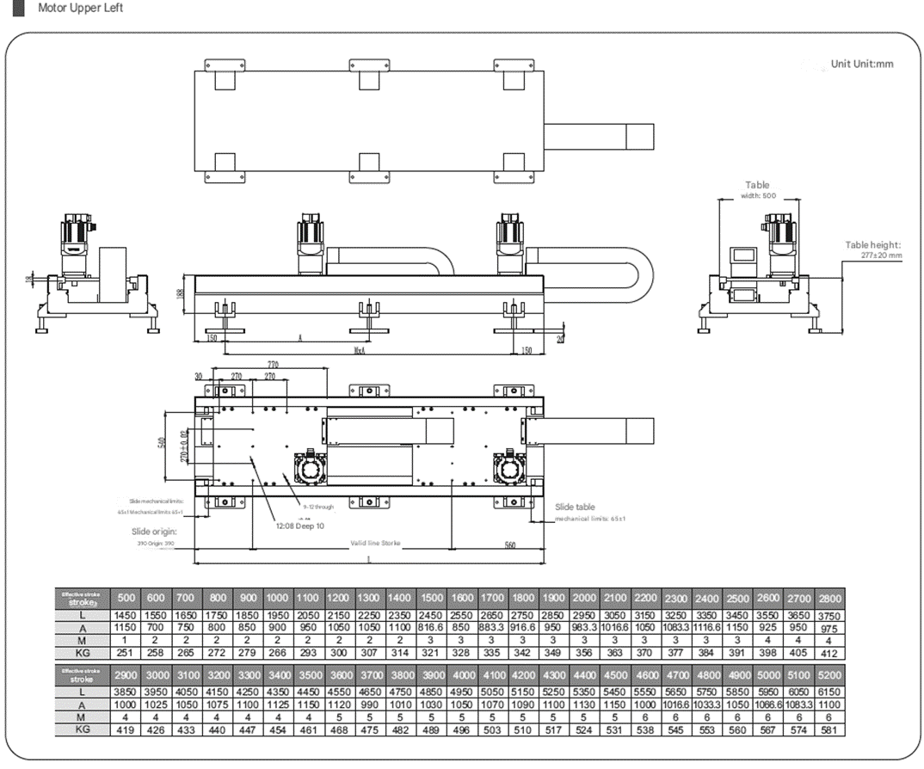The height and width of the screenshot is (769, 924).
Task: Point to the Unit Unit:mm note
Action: (x=862, y=64)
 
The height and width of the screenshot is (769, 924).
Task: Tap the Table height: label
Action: (x=872, y=245)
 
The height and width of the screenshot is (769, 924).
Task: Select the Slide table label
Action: (x=575, y=508)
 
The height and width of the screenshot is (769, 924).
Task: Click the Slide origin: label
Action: (x=154, y=532)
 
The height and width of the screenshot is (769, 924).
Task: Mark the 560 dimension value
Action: (x=509, y=544)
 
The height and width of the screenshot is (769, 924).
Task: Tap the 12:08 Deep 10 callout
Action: (x=299, y=526)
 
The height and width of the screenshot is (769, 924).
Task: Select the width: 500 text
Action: (x=757, y=195)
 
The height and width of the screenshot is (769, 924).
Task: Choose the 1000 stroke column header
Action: (x=277, y=599)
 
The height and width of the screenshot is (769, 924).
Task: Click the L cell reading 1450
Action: (x=126, y=616)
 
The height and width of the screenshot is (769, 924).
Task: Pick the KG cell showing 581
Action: (x=829, y=730)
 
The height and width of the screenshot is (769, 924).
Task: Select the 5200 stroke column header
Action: (x=829, y=675)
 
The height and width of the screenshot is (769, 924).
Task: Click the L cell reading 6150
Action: (x=829, y=692)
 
